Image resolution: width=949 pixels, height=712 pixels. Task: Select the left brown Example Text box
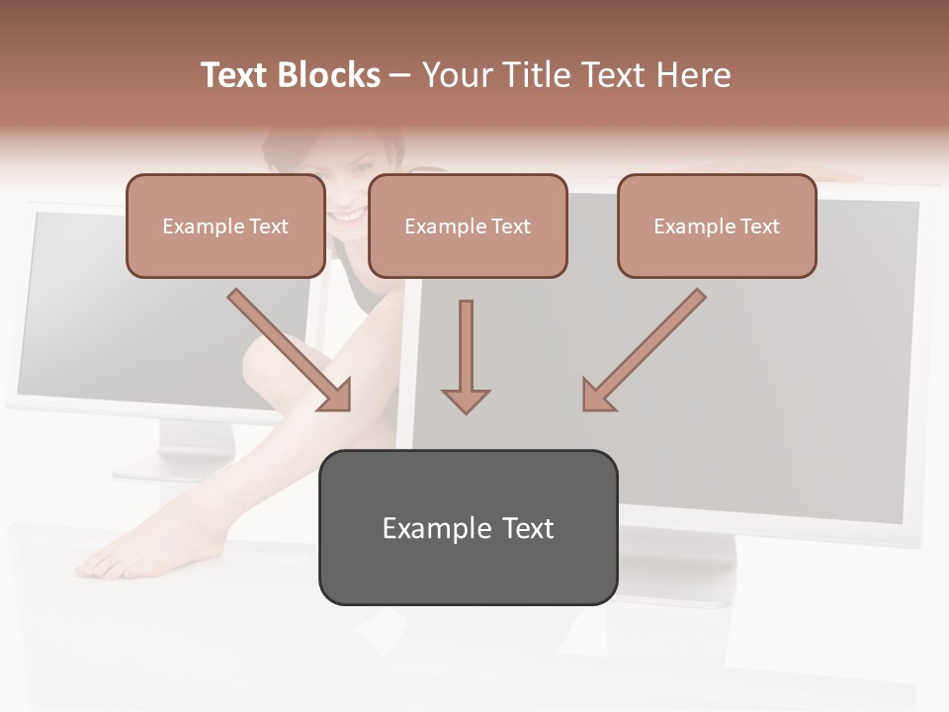tap(225, 226)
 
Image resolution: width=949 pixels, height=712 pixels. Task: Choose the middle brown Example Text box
tap(468, 226)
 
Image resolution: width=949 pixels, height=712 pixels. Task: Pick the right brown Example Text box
tap(717, 226)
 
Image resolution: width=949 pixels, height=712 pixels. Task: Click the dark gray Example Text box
tap(468, 527)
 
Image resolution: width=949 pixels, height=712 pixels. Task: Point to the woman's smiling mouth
tap(345, 213)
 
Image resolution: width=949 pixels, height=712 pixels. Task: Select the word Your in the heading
tap(458, 75)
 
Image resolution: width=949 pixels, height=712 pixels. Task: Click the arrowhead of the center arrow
tap(466, 400)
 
